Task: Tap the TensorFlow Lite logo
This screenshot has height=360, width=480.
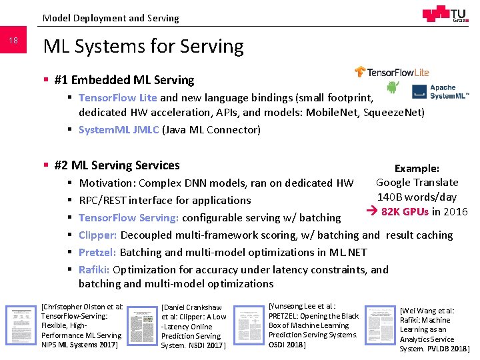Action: click(x=392, y=72)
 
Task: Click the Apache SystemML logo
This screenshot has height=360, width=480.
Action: click(x=440, y=91)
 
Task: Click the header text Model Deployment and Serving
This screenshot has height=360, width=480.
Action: click(x=111, y=18)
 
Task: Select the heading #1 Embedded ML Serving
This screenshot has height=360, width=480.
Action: click(x=124, y=80)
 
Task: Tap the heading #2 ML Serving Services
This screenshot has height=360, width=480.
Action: click(x=117, y=165)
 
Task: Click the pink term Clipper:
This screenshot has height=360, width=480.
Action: click(x=98, y=235)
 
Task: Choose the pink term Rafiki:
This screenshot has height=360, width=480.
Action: click(x=94, y=269)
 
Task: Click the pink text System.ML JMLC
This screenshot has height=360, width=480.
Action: click(x=119, y=129)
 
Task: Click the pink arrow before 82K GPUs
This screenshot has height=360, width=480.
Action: click(x=373, y=213)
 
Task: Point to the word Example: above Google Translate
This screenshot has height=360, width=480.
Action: click(x=417, y=169)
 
